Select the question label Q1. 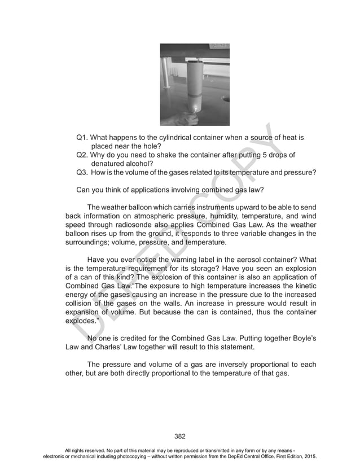pyautogui.click(x=82, y=137)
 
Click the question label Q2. pyautogui.click(x=82, y=155)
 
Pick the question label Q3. pyautogui.click(x=82, y=172)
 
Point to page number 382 pyautogui.click(x=180, y=435)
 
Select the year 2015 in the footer pyautogui.click(x=306, y=455)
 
